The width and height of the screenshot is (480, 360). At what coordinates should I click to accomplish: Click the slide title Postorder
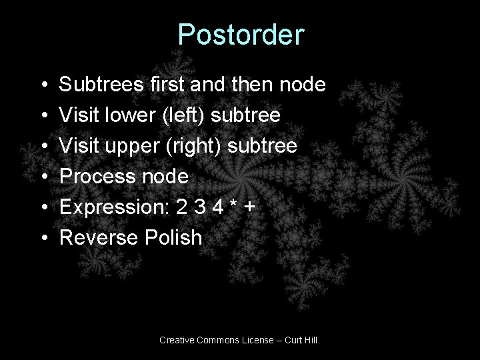click(241, 35)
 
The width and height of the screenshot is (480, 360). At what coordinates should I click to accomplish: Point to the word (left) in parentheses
click(186, 116)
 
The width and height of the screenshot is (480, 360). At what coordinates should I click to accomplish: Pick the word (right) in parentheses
click(193, 146)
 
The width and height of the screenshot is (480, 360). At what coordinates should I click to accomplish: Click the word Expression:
click(113, 207)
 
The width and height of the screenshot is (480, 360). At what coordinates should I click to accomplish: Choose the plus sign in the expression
click(250, 208)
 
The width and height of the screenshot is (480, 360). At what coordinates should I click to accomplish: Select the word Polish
click(173, 237)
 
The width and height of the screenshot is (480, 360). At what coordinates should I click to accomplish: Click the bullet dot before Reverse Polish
click(42, 239)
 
